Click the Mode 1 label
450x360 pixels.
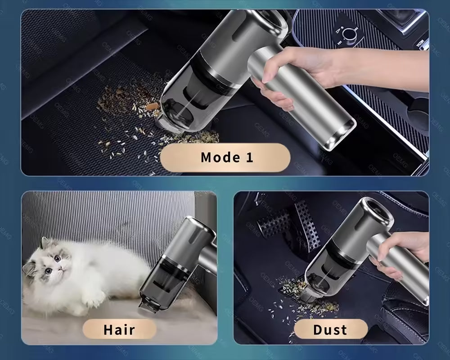[x=226, y=157]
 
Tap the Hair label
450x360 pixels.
[x=119, y=329]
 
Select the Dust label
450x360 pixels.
[x=330, y=329]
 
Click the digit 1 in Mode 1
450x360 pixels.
[x=249, y=157]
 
